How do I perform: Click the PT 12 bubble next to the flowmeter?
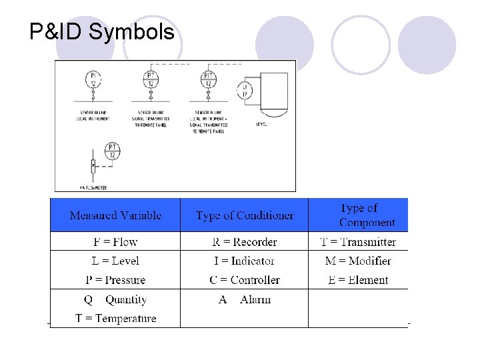pyautogui.click(x=113, y=151)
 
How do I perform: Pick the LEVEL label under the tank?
pyautogui.click(x=261, y=124)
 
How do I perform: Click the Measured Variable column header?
pyautogui.click(x=115, y=215)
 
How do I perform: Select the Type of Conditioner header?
pyautogui.click(x=245, y=215)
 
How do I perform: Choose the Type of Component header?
pyautogui.click(x=367, y=215)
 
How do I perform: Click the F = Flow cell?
pyautogui.click(x=115, y=241)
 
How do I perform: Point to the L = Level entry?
pyautogui.click(x=115, y=261)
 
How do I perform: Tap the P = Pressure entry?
pyautogui.click(x=115, y=280)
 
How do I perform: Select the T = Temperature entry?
pyautogui.click(x=115, y=319)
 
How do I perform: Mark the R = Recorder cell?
pyautogui.click(x=245, y=241)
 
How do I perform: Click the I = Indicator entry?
pyautogui.click(x=245, y=261)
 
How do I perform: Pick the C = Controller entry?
pyautogui.click(x=245, y=280)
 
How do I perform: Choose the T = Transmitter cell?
pyautogui.click(x=358, y=241)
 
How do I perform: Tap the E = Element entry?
pyautogui.click(x=358, y=280)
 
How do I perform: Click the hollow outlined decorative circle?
pyautogui.click(x=361, y=45)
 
